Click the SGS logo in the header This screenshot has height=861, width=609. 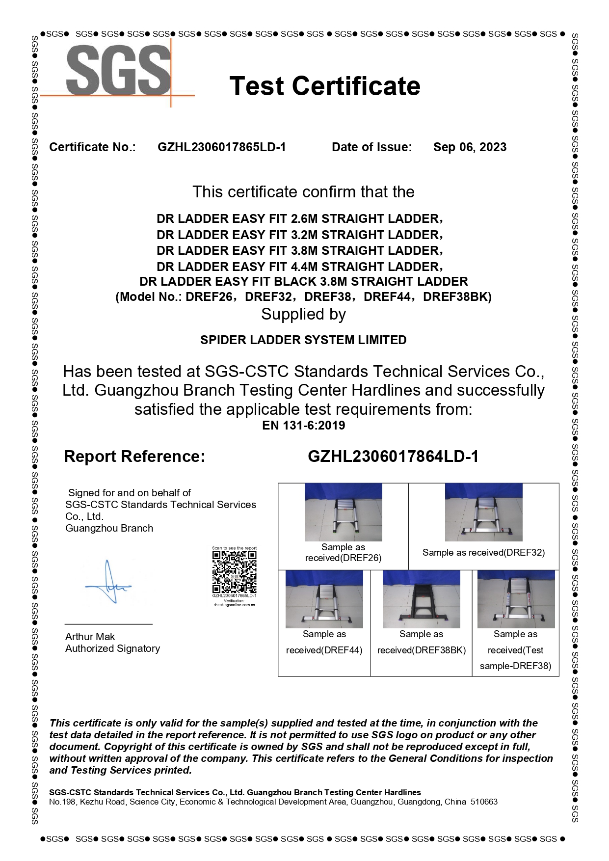119,71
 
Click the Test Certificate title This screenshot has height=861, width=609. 324,86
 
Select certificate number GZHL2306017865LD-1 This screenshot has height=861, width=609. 221,147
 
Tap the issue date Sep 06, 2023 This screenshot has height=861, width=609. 470,147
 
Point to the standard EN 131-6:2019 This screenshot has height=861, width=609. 303,426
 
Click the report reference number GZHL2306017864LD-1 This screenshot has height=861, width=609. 393,457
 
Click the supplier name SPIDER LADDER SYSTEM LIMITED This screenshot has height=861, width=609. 303,340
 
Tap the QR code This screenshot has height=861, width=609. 234,572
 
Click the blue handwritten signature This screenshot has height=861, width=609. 109,583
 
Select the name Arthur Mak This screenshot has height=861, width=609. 90,637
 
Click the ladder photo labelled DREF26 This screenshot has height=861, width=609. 343,512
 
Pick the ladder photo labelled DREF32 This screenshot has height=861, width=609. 483,512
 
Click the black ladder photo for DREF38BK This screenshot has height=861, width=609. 421,599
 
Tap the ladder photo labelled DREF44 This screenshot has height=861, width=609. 324,599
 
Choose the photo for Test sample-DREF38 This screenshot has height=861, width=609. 516,599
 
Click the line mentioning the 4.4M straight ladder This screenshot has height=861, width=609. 299,267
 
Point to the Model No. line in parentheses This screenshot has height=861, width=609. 303,297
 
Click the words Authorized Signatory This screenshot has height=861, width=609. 112,648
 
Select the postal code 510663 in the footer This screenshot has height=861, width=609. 484,802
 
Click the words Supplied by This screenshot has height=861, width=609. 303,314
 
